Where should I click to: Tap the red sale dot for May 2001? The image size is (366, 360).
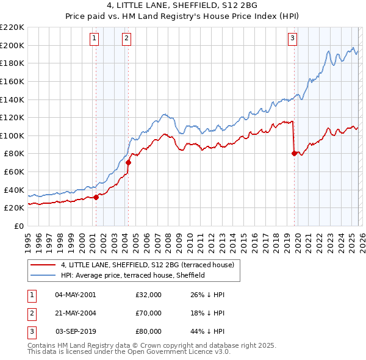click(x=96, y=197)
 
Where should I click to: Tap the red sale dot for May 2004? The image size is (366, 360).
click(x=129, y=163)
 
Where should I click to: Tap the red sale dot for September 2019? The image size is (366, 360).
click(x=294, y=154)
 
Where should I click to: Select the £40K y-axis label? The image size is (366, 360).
click(x=13, y=190)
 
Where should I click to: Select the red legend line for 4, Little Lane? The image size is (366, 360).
click(x=43, y=265)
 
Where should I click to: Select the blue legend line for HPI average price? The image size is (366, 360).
click(x=43, y=275)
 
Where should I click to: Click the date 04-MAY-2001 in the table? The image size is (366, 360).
click(x=75, y=295)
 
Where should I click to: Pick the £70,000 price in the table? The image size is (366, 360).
click(x=149, y=313)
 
